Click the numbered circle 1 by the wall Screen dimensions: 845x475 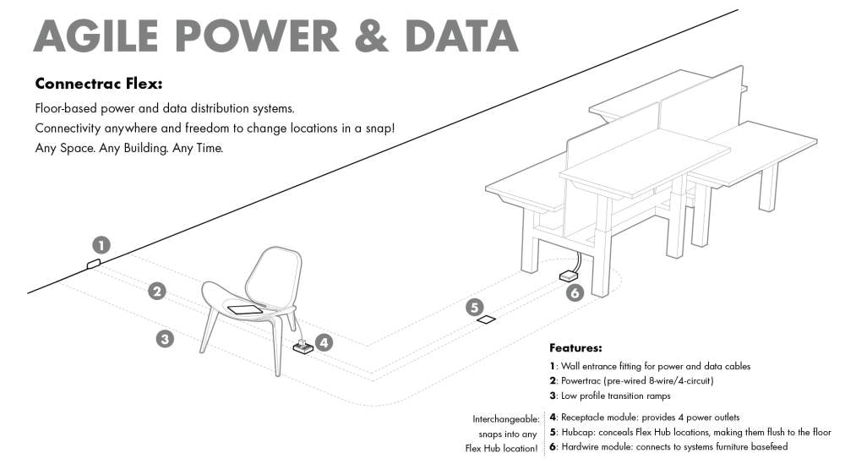(101, 245)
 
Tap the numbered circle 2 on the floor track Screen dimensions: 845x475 (157, 292)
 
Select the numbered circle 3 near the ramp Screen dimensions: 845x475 (165, 339)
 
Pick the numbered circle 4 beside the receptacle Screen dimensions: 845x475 (324, 342)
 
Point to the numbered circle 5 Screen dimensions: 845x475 (475, 308)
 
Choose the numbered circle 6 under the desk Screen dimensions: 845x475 (575, 292)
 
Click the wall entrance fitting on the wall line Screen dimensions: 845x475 (94, 264)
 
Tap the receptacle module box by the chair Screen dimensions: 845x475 (303, 347)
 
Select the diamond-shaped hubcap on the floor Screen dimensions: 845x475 (486, 319)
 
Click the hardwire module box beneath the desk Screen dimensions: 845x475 (569, 276)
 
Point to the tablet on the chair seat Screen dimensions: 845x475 (246, 310)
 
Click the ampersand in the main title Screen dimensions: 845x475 (372, 35)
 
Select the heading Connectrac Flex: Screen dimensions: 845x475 (99, 84)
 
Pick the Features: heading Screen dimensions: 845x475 (575, 347)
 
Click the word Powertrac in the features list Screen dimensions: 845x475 (581, 380)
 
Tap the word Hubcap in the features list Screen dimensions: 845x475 (578, 432)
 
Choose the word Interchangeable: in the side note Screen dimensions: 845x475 (506, 419)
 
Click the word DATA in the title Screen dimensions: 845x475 (461, 35)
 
